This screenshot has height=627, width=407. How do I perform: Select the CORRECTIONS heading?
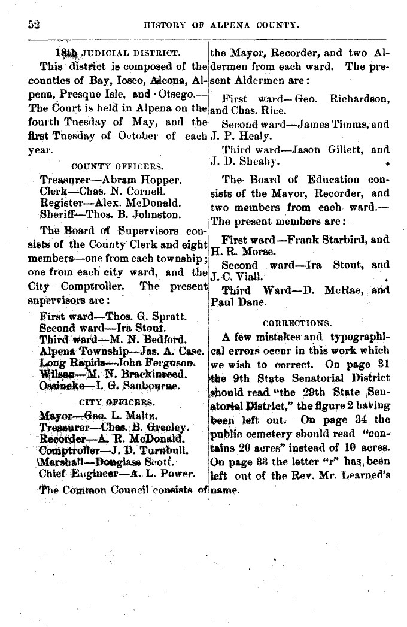[x=297, y=322]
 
